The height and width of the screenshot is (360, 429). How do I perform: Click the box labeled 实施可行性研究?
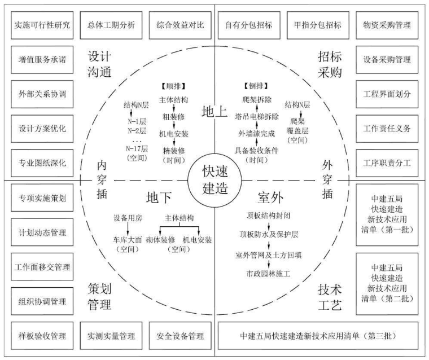pyautogui.click(x=39, y=25)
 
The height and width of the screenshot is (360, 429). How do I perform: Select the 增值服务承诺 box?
pyautogui.click(x=39, y=59)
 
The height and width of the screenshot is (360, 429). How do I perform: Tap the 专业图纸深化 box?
pyautogui.click(x=39, y=163)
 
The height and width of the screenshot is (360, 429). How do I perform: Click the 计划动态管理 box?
pyautogui.click(x=39, y=232)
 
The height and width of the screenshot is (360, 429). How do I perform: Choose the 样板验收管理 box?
pyautogui.click(x=39, y=336)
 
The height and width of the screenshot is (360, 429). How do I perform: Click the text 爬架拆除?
pyautogui.click(x=253, y=100)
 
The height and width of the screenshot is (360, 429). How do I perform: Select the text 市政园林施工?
pyautogui.click(x=267, y=274)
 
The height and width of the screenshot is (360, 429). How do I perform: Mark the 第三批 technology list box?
pyautogui.click(x=318, y=336)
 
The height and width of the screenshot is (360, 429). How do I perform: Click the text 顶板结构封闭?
pyautogui.click(x=267, y=215)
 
